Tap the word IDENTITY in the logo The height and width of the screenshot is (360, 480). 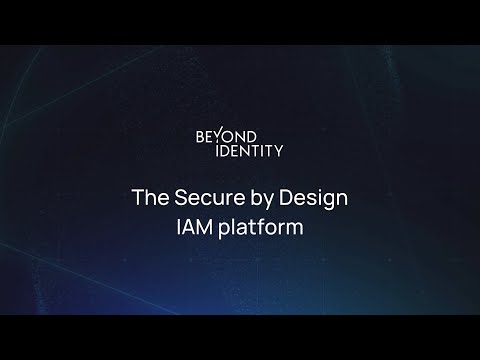pyautogui.click(x=240, y=151)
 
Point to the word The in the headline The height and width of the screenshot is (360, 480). pyautogui.click(x=147, y=197)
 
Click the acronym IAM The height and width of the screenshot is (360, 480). pyautogui.click(x=194, y=226)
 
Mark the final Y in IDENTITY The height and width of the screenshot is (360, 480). pyautogui.click(x=278, y=151)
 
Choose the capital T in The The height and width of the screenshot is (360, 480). pyautogui.click(x=138, y=197)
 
